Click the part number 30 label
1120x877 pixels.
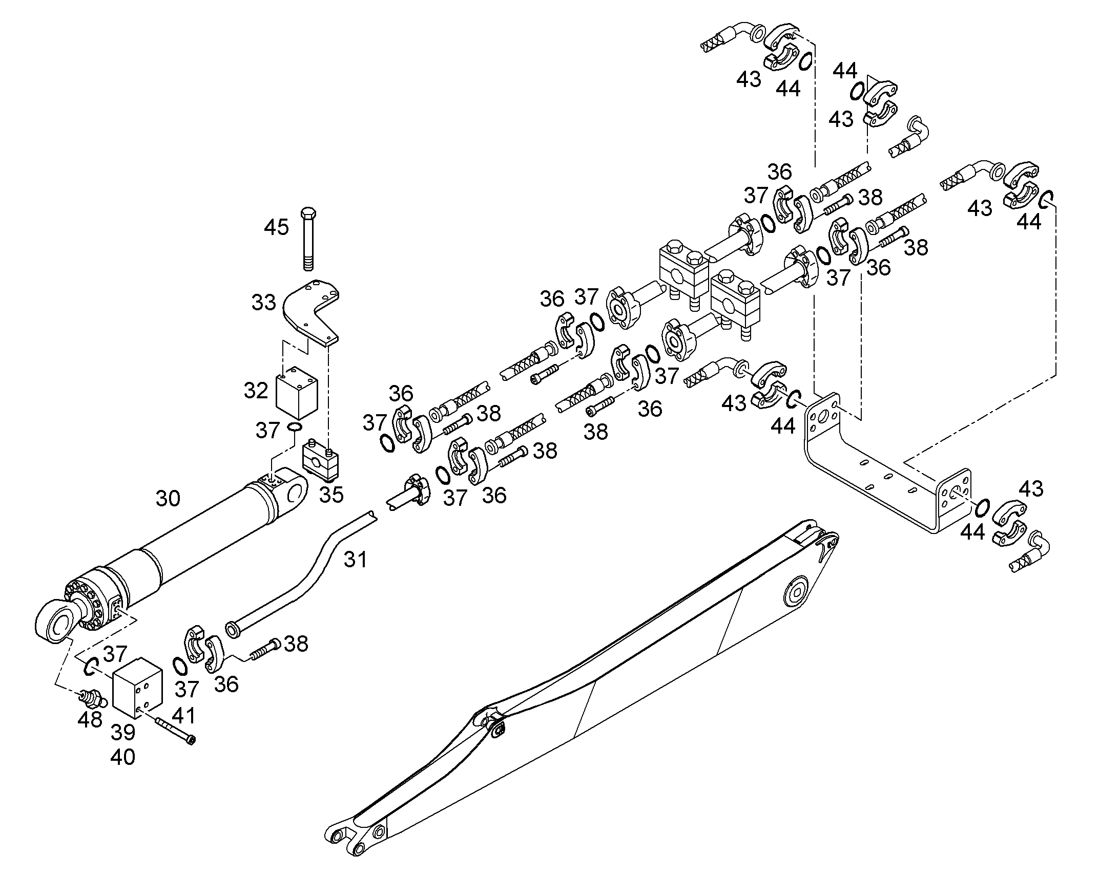click(x=168, y=499)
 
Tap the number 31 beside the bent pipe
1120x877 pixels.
click(x=356, y=559)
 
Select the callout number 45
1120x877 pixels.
click(x=276, y=227)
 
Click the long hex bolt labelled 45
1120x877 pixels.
click(x=308, y=239)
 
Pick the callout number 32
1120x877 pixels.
click(x=256, y=391)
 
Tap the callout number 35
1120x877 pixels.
click(x=331, y=495)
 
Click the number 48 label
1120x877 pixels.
click(x=90, y=719)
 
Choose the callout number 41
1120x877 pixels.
click(x=183, y=715)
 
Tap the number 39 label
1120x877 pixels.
click(x=123, y=733)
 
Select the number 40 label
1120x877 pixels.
click(x=123, y=757)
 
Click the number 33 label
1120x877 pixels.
click(x=263, y=303)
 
